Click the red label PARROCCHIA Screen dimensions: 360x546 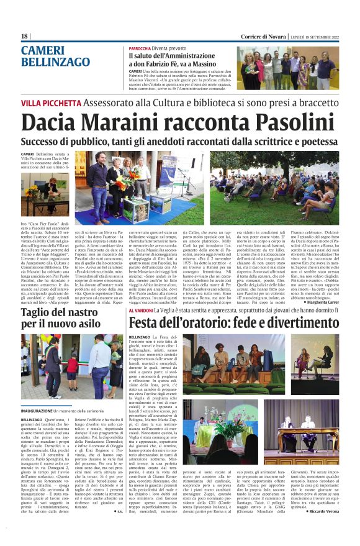(140, 48)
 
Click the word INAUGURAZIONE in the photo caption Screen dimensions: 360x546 (43, 412)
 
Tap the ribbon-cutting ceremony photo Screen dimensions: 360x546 (71, 369)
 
